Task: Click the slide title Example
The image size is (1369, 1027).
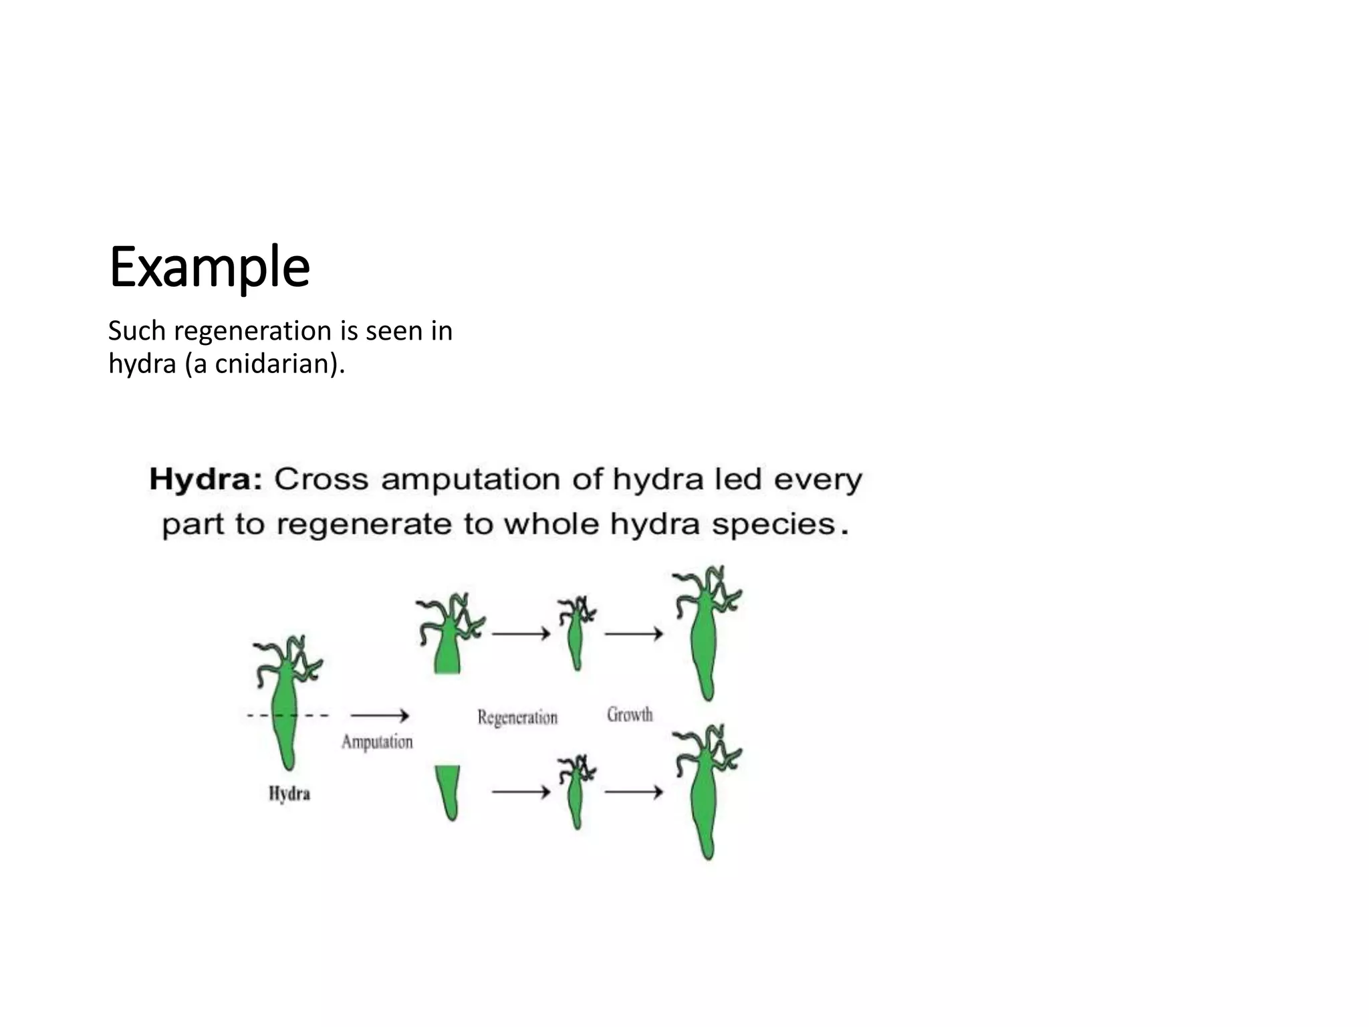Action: click(x=209, y=267)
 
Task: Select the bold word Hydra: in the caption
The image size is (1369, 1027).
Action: click(x=205, y=479)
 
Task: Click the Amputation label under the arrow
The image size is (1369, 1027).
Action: click(x=377, y=741)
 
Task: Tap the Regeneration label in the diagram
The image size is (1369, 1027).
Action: click(x=517, y=717)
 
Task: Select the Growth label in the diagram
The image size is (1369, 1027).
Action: click(x=630, y=715)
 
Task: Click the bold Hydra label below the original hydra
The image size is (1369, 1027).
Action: click(x=289, y=794)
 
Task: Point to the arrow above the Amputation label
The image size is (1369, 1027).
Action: click(x=379, y=715)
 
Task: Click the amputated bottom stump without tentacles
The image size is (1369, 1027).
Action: click(x=449, y=789)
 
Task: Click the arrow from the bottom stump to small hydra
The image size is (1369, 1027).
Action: click(x=521, y=792)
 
